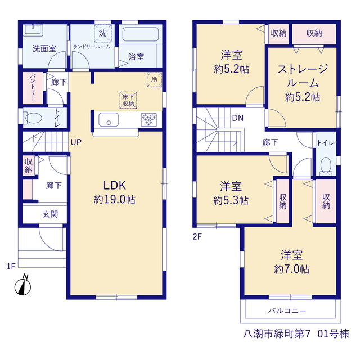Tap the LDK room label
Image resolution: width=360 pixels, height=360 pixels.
point(115,185)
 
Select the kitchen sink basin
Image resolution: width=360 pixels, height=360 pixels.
point(109,120)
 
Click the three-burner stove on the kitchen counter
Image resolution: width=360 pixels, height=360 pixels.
point(148,120)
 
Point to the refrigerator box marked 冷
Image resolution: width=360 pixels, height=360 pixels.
point(155,80)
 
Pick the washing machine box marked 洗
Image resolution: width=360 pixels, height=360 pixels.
point(103,33)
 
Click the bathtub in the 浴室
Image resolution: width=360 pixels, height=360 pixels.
point(141,34)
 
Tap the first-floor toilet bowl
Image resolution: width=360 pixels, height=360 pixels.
point(32,118)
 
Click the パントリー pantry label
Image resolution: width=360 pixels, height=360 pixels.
point(33,88)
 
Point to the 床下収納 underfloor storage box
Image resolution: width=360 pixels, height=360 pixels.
point(128,100)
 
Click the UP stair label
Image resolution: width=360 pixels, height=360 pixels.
point(76,142)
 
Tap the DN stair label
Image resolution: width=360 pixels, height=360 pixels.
point(238,118)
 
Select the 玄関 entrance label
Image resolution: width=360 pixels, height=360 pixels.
point(50,214)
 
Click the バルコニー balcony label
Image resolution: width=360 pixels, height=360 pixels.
point(287,311)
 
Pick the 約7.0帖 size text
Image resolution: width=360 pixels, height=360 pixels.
point(291,269)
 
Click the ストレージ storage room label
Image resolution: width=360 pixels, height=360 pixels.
point(303,69)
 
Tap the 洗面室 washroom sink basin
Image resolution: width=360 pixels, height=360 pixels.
point(33,30)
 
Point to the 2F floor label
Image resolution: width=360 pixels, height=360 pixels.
point(197,236)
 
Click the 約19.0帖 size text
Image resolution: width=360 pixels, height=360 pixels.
point(115,200)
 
